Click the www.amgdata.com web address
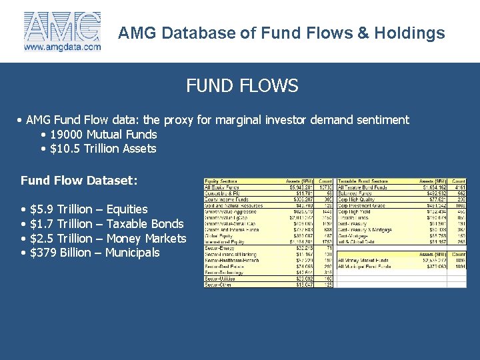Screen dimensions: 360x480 [62, 47]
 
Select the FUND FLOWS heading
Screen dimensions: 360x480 [242, 86]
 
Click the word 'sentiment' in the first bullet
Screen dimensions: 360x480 [382, 120]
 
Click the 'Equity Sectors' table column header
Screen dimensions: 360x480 [222, 181]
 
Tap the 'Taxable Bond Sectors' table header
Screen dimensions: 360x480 [363, 181]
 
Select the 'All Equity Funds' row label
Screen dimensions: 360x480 [221, 187]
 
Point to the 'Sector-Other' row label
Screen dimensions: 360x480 [219, 284]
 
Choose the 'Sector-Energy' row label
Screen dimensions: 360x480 [220, 248]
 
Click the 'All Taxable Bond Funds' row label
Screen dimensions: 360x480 [365, 187]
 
